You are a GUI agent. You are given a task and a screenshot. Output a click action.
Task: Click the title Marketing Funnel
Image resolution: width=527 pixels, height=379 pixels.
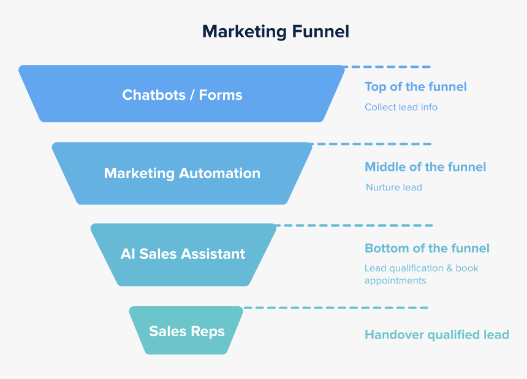point(276,31)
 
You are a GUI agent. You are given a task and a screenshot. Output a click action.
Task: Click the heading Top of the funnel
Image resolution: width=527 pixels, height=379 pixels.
point(415,86)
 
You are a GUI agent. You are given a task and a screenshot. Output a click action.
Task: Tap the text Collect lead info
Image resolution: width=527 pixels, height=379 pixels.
point(401,107)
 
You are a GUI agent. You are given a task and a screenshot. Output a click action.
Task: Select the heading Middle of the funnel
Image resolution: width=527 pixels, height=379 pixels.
point(425,167)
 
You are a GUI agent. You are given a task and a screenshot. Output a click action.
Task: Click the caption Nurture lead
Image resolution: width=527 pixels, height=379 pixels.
point(393,187)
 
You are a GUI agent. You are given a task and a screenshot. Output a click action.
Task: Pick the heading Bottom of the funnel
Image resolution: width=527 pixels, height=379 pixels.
point(427,248)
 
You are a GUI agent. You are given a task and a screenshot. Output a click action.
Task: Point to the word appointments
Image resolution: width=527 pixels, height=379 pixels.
point(395,281)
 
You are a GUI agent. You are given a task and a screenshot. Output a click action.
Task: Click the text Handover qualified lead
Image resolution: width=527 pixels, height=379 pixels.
point(436,334)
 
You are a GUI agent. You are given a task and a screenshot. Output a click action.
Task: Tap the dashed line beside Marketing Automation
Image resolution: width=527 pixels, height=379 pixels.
point(371,144)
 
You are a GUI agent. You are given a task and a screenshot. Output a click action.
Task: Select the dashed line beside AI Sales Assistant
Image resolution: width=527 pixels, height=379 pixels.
point(354,225)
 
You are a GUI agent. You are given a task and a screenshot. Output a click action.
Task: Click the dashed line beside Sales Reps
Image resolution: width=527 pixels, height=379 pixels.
point(336,307)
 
